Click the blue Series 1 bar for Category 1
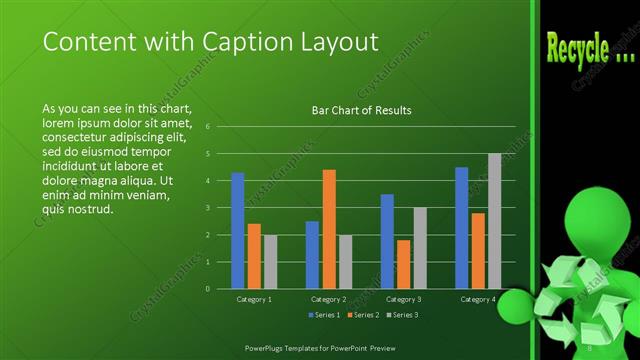click(x=238, y=230)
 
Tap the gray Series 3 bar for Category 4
click(x=494, y=221)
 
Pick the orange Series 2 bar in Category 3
click(x=403, y=264)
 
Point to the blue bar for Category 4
click(x=461, y=227)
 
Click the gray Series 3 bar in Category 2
click(x=346, y=261)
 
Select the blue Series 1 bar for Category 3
click(x=387, y=241)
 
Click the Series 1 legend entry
click(x=324, y=315)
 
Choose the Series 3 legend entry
click(x=402, y=315)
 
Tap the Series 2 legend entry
click(x=363, y=315)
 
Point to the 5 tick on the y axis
click(x=207, y=154)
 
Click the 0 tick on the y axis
click(x=207, y=289)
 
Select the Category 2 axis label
click(x=329, y=299)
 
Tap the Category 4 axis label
click(x=477, y=299)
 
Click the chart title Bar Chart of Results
click(x=362, y=111)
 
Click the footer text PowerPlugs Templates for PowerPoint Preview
click(x=321, y=346)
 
